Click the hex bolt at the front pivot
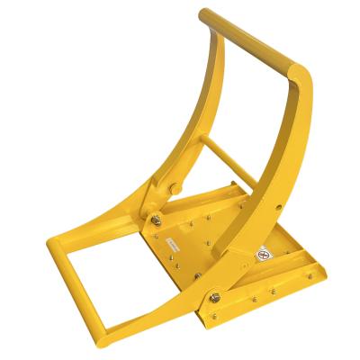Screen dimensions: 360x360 point(216,299)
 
